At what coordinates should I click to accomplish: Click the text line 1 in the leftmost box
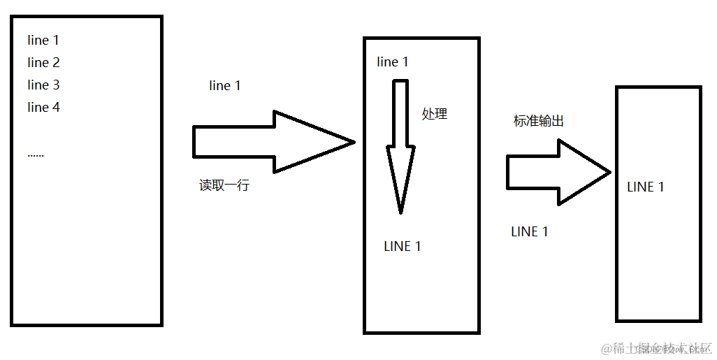point(43,41)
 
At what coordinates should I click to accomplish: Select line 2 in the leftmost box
point(43,63)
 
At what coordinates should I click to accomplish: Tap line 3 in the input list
point(43,85)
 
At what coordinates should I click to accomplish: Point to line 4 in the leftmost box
point(43,108)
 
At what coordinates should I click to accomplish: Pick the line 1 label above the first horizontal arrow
point(225,86)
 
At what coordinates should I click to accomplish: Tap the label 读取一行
point(224,186)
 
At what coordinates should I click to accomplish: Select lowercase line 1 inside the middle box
point(393,62)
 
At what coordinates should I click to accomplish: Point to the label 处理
point(434,114)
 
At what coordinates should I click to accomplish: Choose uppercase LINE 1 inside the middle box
point(403,247)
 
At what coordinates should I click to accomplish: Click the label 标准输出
point(539,121)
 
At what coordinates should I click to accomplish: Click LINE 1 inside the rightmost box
point(646,187)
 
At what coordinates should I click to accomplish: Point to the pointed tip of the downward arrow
point(400,212)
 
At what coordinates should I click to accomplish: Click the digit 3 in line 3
point(56,85)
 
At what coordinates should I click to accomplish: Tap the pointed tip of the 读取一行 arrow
point(354,142)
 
